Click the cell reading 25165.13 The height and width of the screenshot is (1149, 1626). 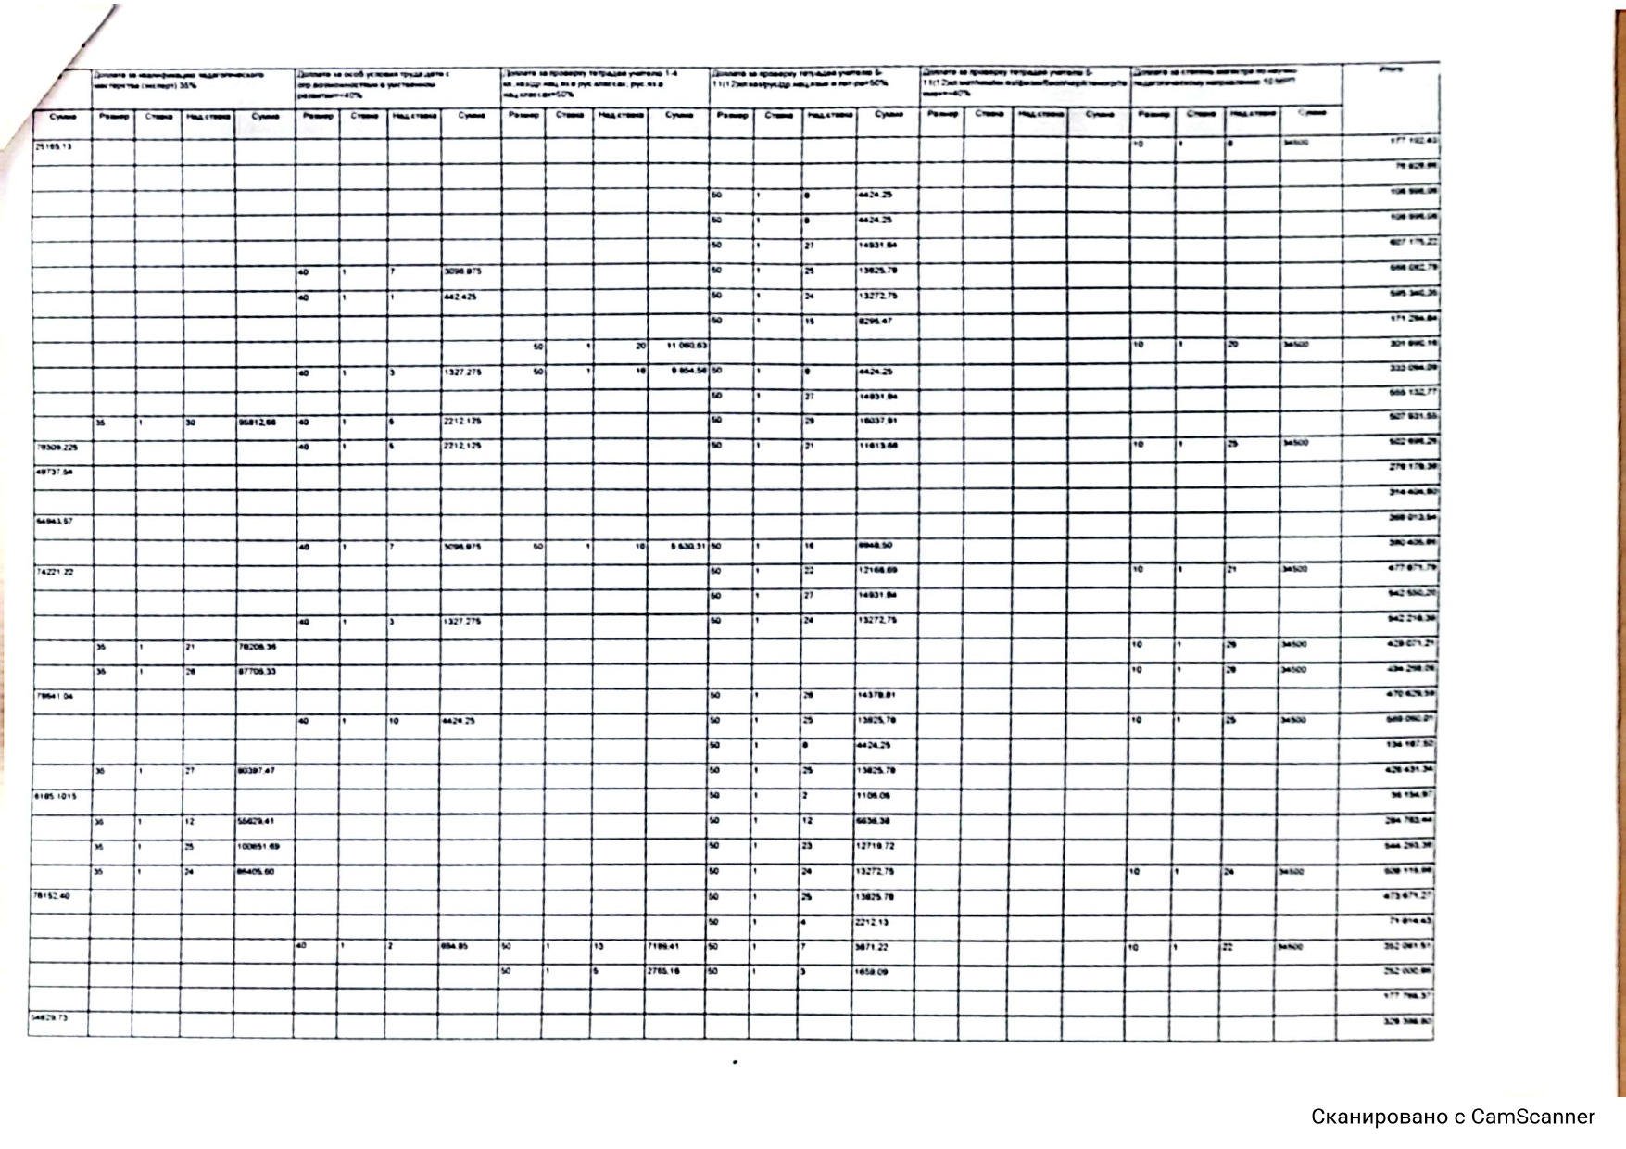tap(53, 146)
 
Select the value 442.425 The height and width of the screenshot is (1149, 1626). tap(460, 297)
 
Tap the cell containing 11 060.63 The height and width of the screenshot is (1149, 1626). tap(687, 346)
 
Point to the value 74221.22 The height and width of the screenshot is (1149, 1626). tap(55, 572)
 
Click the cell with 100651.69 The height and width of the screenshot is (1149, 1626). tap(258, 846)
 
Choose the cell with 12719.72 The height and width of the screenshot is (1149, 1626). tap(876, 846)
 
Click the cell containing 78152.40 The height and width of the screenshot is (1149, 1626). tap(52, 896)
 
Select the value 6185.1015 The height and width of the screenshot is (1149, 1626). tap(56, 796)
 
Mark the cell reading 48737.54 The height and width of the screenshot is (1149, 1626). tap(53, 472)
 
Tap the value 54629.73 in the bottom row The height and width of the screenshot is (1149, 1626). tap(51, 1017)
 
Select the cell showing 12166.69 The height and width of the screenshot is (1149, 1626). tap(876, 571)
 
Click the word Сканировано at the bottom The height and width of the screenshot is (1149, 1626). tap(1376, 1117)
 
